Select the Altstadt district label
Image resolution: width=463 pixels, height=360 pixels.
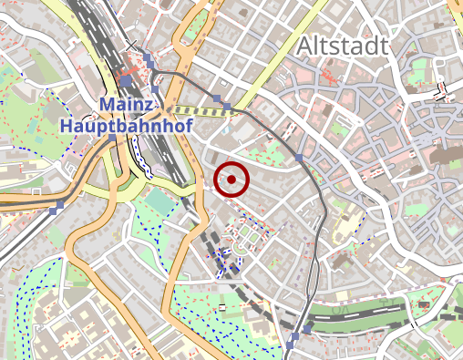tap(342, 46)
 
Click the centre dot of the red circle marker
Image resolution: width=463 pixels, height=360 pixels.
tap(232, 179)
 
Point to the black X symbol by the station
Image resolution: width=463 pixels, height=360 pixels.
tap(132, 44)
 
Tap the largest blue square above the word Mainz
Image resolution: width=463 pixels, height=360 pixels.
tap(125, 81)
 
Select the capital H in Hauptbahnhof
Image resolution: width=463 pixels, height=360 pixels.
tap(67, 126)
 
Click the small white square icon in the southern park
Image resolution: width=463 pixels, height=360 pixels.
tap(222, 307)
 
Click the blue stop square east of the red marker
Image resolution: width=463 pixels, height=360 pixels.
tap(299, 159)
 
